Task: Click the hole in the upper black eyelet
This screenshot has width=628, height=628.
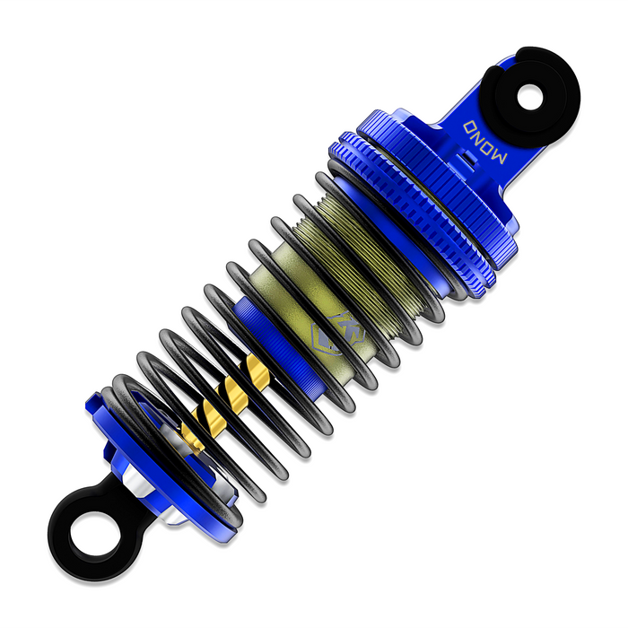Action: point(529,97)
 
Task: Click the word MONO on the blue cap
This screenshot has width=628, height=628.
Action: point(485,142)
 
